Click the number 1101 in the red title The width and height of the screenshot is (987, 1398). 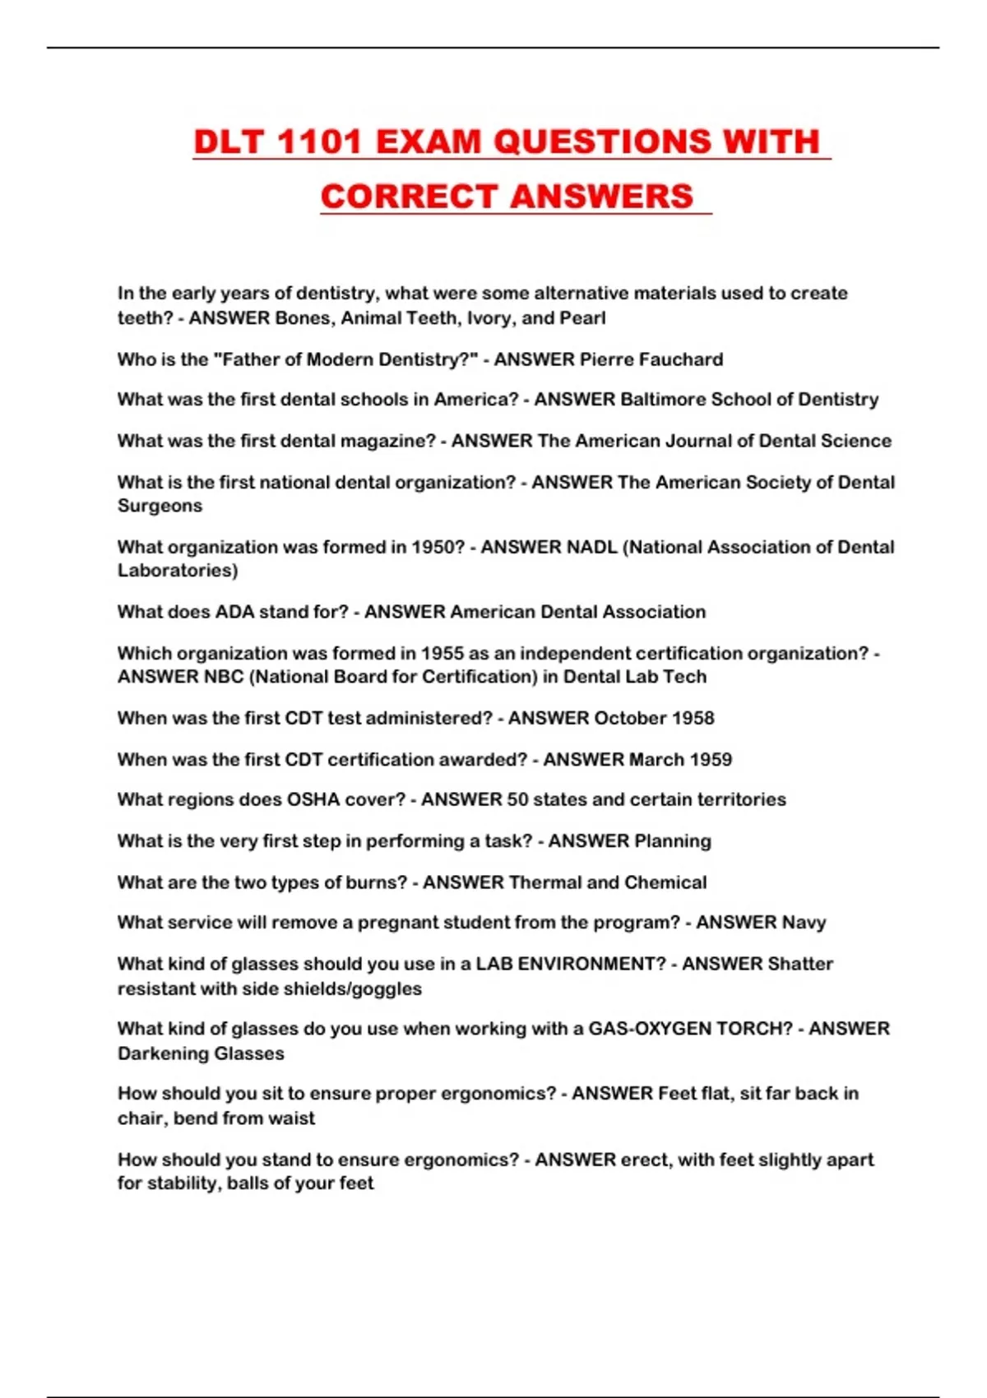pyautogui.click(x=318, y=142)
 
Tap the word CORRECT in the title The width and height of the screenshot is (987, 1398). pyautogui.click(x=409, y=197)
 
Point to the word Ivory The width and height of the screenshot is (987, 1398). pyautogui.click(x=491, y=318)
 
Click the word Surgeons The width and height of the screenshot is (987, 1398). pyautogui.click(x=160, y=506)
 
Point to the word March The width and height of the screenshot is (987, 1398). pyautogui.click(x=656, y=759)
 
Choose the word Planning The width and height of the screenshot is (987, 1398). pyautogui.click(x=672, y=840)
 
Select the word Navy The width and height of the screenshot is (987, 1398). pyautogui.click(x=804, y=923)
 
